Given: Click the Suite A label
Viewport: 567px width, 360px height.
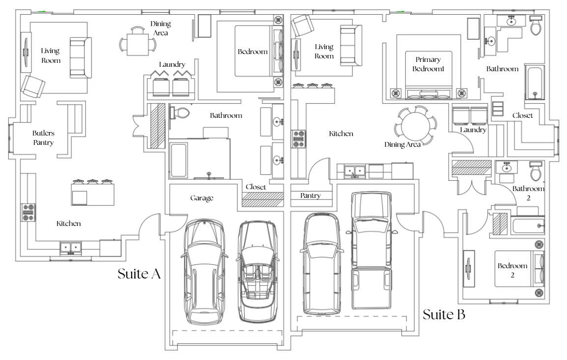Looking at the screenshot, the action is point(139,274).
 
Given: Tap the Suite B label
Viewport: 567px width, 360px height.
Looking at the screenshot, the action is point(444,314).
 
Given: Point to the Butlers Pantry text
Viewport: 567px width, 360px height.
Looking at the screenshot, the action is point(43,138).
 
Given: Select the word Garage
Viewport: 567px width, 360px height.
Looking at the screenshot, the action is point(202,198).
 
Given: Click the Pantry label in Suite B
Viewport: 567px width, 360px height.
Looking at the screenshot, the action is point(310,195).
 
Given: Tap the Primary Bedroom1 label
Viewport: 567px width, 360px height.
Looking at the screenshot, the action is point(428,64).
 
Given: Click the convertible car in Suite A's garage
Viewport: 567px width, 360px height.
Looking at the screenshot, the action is point(257,272).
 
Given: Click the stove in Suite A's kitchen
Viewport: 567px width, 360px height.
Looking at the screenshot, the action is point(28,213).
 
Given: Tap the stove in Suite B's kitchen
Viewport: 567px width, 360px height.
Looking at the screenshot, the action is point(299,139).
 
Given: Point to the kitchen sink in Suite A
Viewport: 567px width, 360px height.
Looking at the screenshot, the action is point(71,247).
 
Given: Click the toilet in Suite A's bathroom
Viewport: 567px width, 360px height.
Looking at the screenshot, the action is point(180,113).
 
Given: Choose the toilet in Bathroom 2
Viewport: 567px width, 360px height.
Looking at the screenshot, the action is point(536,171).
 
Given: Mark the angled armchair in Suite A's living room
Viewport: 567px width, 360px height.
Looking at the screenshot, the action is point(33,87).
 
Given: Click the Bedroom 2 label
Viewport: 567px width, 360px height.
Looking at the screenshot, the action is point(512,270).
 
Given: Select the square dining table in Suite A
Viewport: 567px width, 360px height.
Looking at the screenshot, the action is point(138,44).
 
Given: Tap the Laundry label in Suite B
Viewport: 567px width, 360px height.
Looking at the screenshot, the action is point(473,130).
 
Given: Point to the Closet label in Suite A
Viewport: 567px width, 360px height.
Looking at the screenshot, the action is point(255,187).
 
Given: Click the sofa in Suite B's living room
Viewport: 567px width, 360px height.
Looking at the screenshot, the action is point(351,45).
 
